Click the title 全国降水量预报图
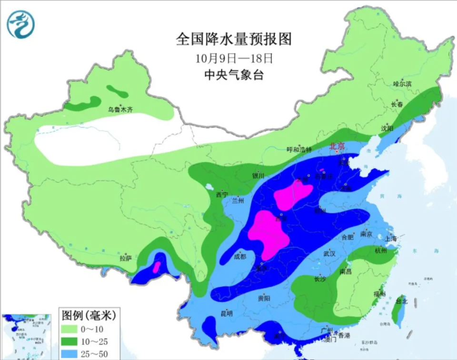233,39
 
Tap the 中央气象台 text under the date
233,75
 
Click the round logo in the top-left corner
20,24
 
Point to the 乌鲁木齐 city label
120,110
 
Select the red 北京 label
337,147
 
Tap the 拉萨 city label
125,259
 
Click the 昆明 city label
227,313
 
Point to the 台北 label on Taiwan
401,301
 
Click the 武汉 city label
329,254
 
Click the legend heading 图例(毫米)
89,315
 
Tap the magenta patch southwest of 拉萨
155,267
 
